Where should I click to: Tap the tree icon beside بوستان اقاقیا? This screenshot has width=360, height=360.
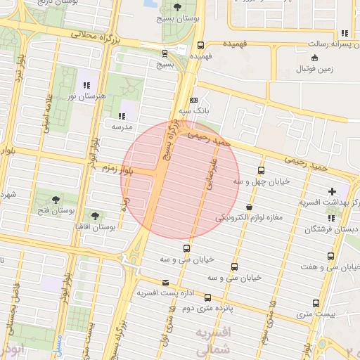coord(96,215)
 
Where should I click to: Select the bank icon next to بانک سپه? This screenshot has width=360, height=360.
coord(194,101)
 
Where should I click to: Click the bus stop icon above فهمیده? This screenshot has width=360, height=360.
coord(201,44)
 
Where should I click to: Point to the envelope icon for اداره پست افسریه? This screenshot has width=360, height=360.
coord(165,282)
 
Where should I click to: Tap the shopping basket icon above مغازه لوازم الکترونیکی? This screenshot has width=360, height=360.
coord(250,207)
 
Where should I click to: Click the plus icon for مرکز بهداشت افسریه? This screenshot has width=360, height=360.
coord(332,191)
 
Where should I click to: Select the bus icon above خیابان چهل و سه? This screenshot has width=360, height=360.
coord(262,170)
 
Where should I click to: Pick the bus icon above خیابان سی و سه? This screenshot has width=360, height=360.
coord(186,248)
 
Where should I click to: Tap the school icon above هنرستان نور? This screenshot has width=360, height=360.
coord(86,85)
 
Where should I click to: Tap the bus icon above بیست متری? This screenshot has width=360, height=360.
coord(316,303)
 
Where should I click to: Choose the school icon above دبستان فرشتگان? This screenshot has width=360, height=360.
coord(331,219)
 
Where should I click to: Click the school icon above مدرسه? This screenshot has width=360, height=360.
coord(122,115)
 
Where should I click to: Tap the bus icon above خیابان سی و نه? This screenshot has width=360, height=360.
coord(234,266)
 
